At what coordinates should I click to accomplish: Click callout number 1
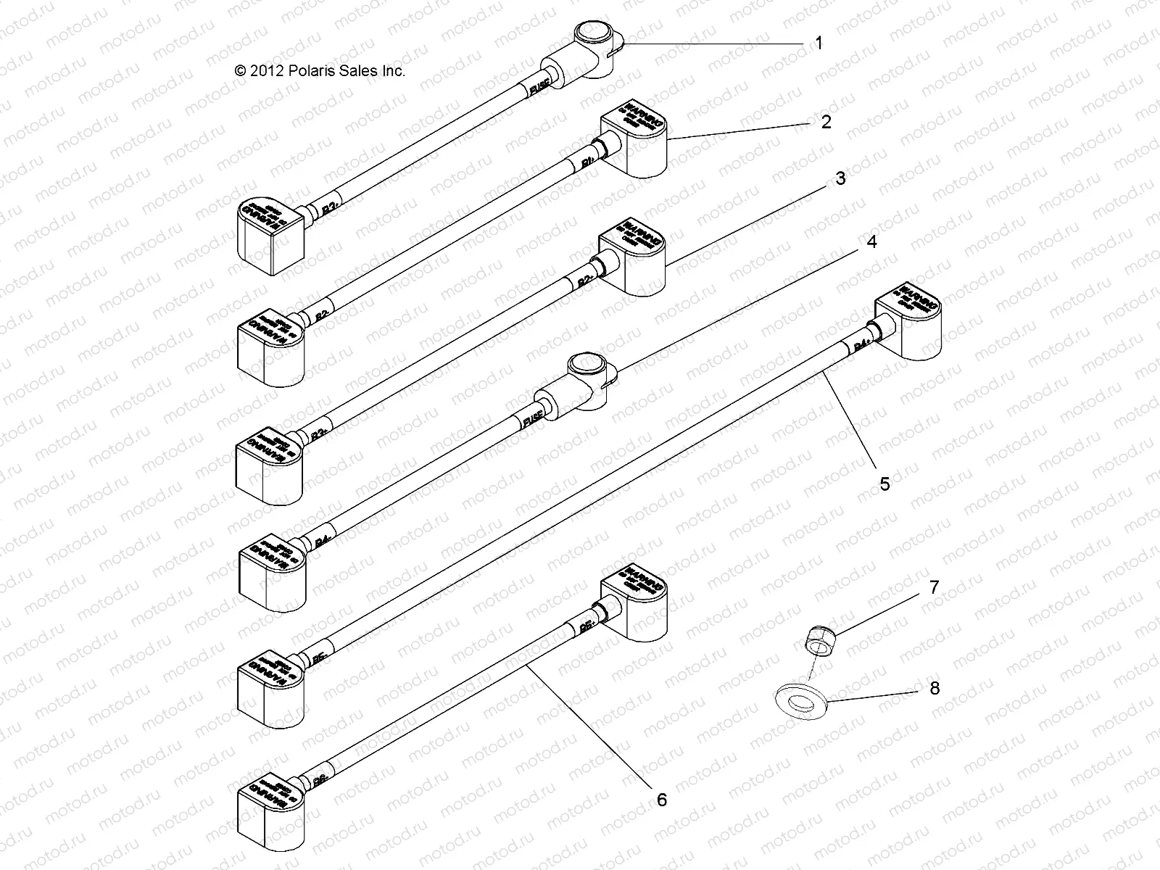pyautogui.click(x=819, y=43)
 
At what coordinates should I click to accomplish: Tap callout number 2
pyautogui.click(x=826, y=122)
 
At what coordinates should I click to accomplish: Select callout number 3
pyautogui.click(x=840, y=178)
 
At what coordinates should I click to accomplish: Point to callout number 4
pyautogui.click(x=871, y=242)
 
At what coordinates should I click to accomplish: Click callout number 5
pyautogui.click(x=884, y=484)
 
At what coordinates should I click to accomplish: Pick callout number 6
pyautogui.click(x=661, y=800)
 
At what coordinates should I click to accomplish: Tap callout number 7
pyautogui.click(x=934, y=587)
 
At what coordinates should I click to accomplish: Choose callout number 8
pyautogui.click(x=934, y=688)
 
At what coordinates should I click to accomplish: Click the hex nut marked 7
pyautogui.click(x=819, y=640)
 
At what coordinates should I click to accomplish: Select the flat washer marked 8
pyautogui.click(x=800, y=702)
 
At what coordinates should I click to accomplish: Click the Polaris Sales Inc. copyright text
pyautogui.click(x=319, y=71)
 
